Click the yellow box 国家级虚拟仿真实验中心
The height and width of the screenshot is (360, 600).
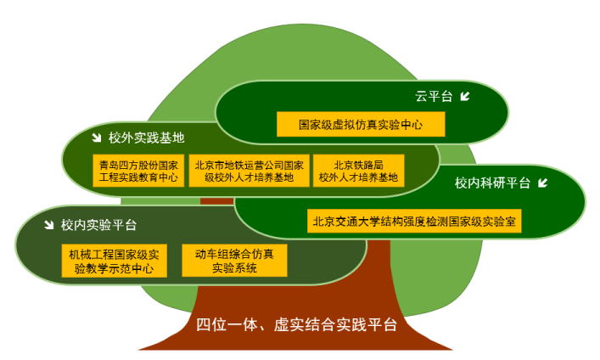pos(361,124)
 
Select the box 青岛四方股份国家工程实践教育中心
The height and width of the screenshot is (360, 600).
pos(138,171)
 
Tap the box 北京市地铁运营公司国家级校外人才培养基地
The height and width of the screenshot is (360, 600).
pos(250,171)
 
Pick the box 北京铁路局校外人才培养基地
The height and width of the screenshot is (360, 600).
pos(358,171)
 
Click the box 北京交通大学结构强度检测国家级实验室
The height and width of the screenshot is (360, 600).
pos(414,221)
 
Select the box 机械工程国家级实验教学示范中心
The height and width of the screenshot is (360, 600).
pos(114,261)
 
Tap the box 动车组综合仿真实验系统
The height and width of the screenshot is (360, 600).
pos(234,261)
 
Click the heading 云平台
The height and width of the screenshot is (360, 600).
pos(434,96)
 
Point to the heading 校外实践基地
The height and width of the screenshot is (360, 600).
pos(147,138)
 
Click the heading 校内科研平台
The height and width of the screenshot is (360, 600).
pos(492,183)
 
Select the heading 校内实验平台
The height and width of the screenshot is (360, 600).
pos(98,225)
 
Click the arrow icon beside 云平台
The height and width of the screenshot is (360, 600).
pos(465,96)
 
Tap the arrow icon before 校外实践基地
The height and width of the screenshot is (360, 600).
pos(97,138)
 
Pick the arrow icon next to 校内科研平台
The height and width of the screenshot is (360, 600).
pos(542,183)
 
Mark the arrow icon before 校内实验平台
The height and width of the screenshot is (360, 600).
pos(48,225)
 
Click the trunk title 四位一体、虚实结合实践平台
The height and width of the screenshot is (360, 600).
pos(296,325)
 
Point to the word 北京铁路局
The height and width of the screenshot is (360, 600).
pos(358,165)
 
